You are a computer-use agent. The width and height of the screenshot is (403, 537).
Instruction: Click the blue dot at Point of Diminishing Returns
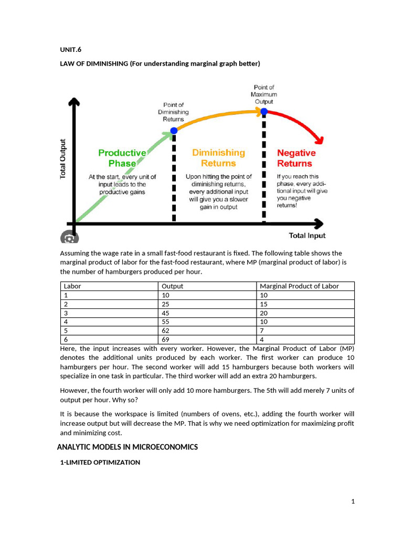coord(174,131)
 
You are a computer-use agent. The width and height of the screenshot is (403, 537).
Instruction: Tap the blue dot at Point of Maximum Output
coord(264,112)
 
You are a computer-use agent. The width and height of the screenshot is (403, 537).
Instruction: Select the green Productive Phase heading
coord(122,158)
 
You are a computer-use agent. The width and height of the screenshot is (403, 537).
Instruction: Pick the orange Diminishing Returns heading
coord(218,158)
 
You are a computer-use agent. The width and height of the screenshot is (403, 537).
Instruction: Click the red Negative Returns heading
coord(296,158)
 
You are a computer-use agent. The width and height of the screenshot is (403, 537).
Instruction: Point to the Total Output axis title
coord(63,159)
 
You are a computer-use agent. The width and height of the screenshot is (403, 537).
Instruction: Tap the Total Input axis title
coord(307,235)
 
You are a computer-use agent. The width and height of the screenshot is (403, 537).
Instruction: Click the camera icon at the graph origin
coord(68,238)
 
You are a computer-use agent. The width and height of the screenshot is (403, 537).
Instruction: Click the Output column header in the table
coord(172,286)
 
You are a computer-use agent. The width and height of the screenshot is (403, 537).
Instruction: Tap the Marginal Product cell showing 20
coord(264,313)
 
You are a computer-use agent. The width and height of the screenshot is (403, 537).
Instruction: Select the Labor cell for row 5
coord(66,331)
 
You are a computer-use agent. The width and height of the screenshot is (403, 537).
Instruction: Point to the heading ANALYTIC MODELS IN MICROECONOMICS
coord(127,447)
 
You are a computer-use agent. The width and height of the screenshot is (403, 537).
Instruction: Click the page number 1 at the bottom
coord(353,502)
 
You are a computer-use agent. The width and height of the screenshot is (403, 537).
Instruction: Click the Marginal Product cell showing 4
coord(262,340)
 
